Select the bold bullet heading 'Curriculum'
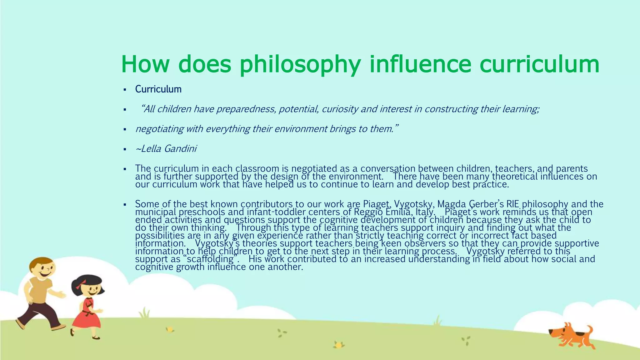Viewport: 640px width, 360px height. [x=158, y=89]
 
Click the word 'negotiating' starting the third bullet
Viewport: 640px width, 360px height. [x=159, y=129]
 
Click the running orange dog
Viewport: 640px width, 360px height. [x=572, y=338]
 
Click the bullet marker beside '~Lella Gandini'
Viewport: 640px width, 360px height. [x=125, y=149]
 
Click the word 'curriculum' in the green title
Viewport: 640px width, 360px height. [x=539, y=64]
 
